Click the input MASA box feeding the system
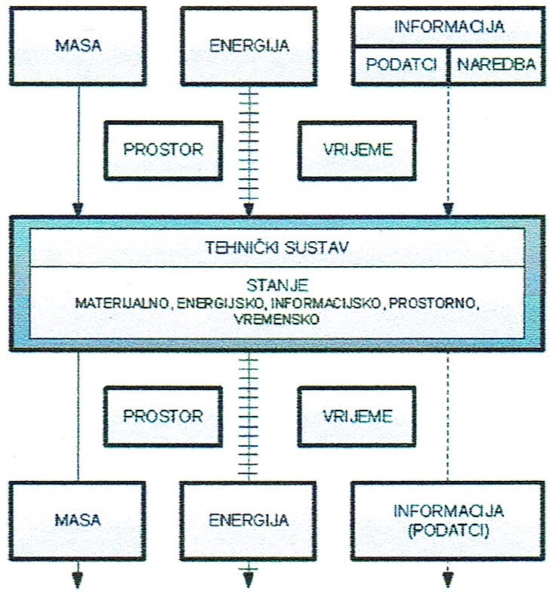(x=78, y=45)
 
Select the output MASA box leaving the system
(x=78, y=520)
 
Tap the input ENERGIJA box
(x=249, y=45)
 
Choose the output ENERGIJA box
(x=249, y=520)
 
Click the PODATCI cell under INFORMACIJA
(x=402, y=64)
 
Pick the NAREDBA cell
(x=489, y=64)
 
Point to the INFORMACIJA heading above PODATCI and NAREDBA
(x=448, y=26)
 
